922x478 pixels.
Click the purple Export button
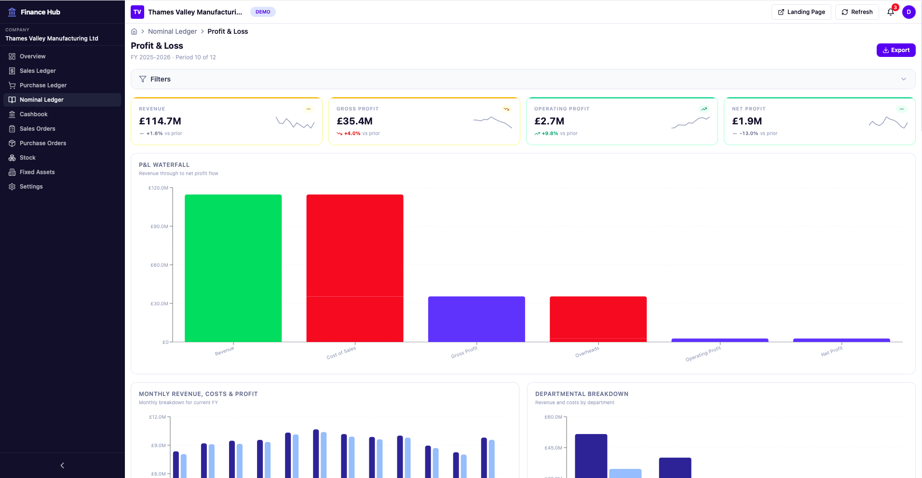point(895,50)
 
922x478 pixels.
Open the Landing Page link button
point(801,12)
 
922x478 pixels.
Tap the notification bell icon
point(890,12)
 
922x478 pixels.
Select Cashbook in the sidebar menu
point(33,114)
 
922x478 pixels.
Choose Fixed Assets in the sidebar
point(37,172)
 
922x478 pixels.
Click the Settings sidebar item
point(31,187)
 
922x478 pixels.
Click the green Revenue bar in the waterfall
point(233,268)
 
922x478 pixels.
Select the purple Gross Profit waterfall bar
point(476,319)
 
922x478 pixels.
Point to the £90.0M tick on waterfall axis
point(160,226)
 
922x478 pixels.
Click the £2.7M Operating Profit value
point(549,121)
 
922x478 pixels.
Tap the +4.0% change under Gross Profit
point(352,134)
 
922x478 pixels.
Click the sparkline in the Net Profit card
point(888,123)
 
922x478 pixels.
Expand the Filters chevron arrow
point(903,79)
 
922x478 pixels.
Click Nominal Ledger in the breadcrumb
point(172,31)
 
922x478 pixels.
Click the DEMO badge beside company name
point(263,12)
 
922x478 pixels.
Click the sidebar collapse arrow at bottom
point(62,465)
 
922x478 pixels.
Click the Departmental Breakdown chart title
point(582,394)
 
